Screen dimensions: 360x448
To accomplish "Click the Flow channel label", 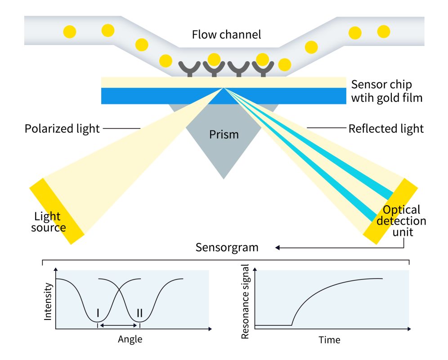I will click(226, 35).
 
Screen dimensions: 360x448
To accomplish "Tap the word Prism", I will click(224, 135).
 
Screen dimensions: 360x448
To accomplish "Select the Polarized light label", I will click(62, 129).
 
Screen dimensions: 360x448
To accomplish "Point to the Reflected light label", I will click(386, 129).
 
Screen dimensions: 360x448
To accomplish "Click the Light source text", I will click(48, 222).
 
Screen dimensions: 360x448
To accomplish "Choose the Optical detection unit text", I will click(401, 220).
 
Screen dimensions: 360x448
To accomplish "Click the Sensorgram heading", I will click(227, 247).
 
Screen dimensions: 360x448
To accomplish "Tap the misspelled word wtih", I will click(363, 98).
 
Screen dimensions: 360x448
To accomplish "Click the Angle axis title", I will click(130, 339).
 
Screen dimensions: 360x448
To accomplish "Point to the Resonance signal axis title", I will click(246, 301).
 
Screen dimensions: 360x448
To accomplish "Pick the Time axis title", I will click(329, 339).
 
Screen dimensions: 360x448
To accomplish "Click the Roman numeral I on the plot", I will click(98, 313).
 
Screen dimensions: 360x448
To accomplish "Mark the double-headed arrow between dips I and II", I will click(119, 325).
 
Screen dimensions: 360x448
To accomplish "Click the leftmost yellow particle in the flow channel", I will click(70, 31).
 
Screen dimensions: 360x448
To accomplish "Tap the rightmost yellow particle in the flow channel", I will click(383, 31).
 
